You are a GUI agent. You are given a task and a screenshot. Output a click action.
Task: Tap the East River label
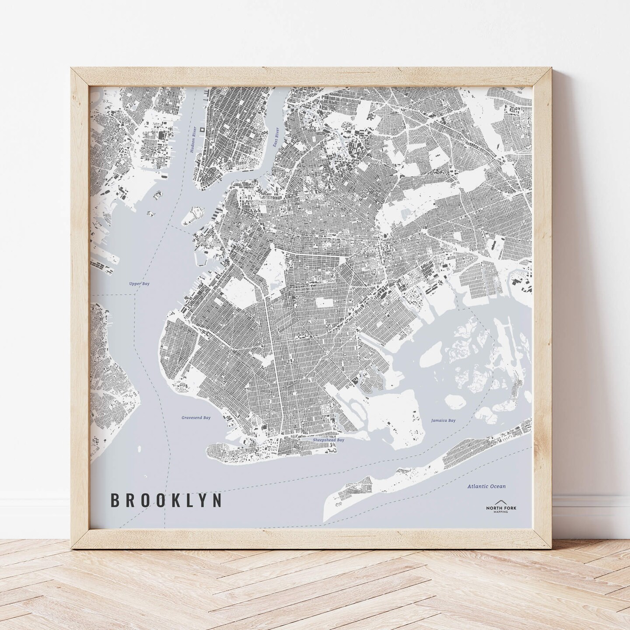(x=276, y=139)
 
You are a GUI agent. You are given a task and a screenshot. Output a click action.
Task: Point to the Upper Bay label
(x=140, y=283)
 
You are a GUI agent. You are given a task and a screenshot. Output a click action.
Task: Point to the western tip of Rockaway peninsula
(x=327, y=516)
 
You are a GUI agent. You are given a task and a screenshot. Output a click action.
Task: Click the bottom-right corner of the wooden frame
(x=553, y=548)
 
